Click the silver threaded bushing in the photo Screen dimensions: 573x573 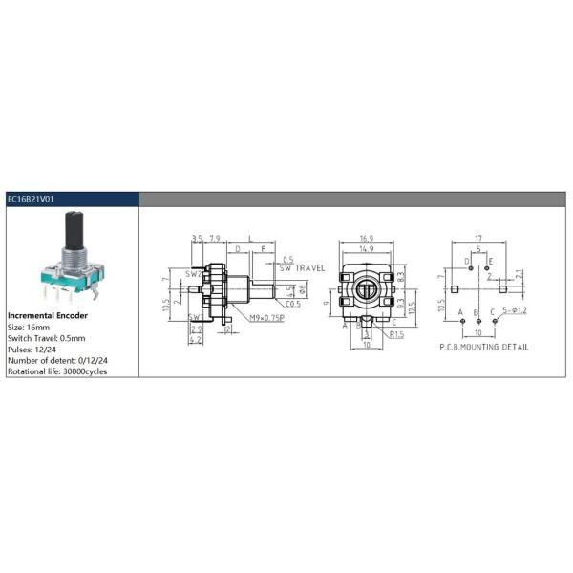pos(74,258)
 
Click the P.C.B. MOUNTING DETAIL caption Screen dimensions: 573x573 pos(483,347)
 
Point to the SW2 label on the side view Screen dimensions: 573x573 pos(191,274)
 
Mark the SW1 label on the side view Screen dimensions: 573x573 pos(193,316)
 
